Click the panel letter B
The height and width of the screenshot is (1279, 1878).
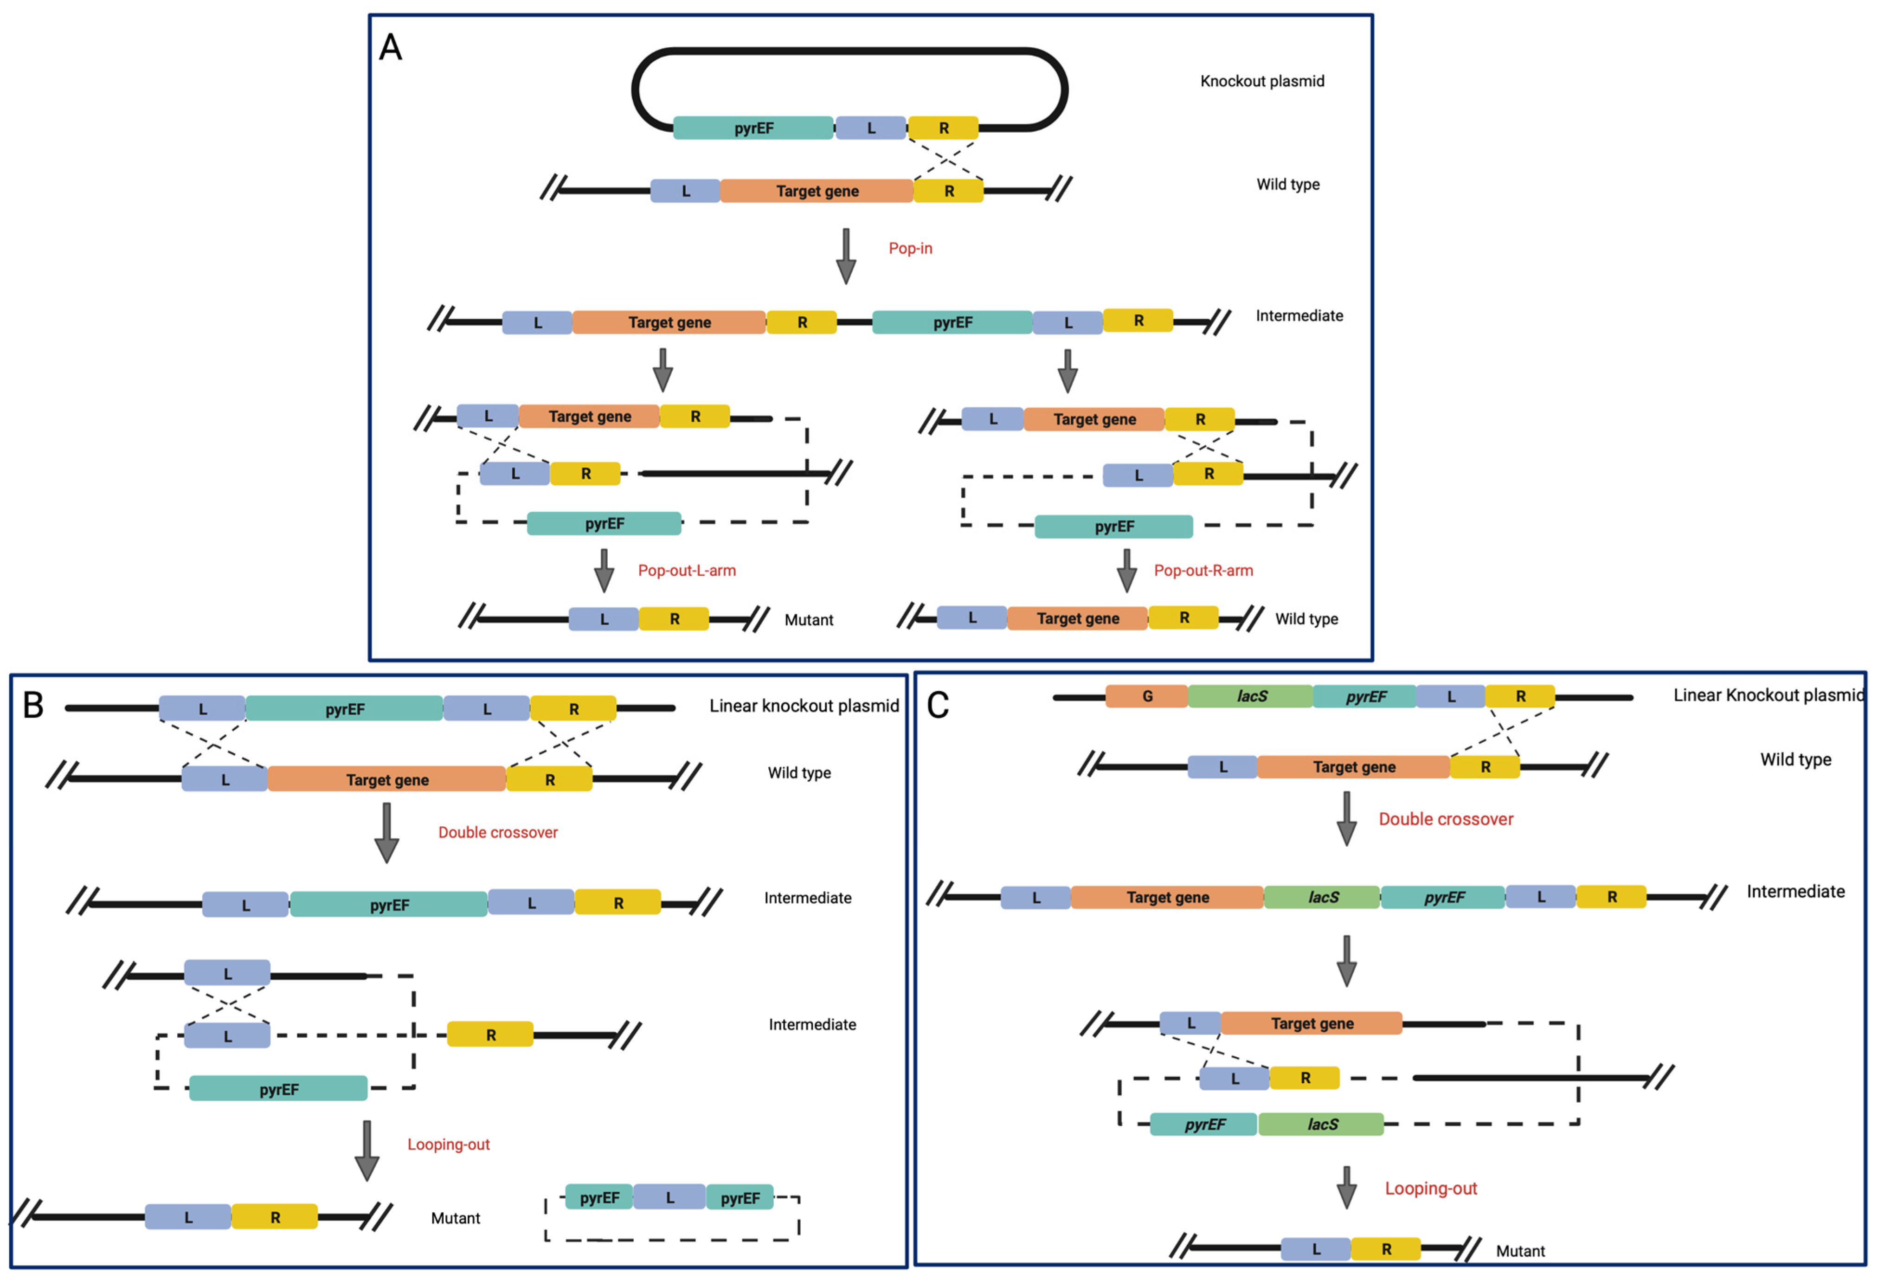click(x=33, y=705)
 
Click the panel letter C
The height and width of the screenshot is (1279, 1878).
click(x=938, y=705)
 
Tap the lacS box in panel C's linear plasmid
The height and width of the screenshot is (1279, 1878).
click(x=1251, y=696)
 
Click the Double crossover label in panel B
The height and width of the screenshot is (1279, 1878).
click(x=498, y=832)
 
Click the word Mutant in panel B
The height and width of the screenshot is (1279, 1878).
click(x=455, y=1218)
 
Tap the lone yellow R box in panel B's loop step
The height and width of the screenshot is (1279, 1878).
click(x=490, y=1035)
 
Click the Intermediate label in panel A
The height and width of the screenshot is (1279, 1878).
click(x=1299, y=316)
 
